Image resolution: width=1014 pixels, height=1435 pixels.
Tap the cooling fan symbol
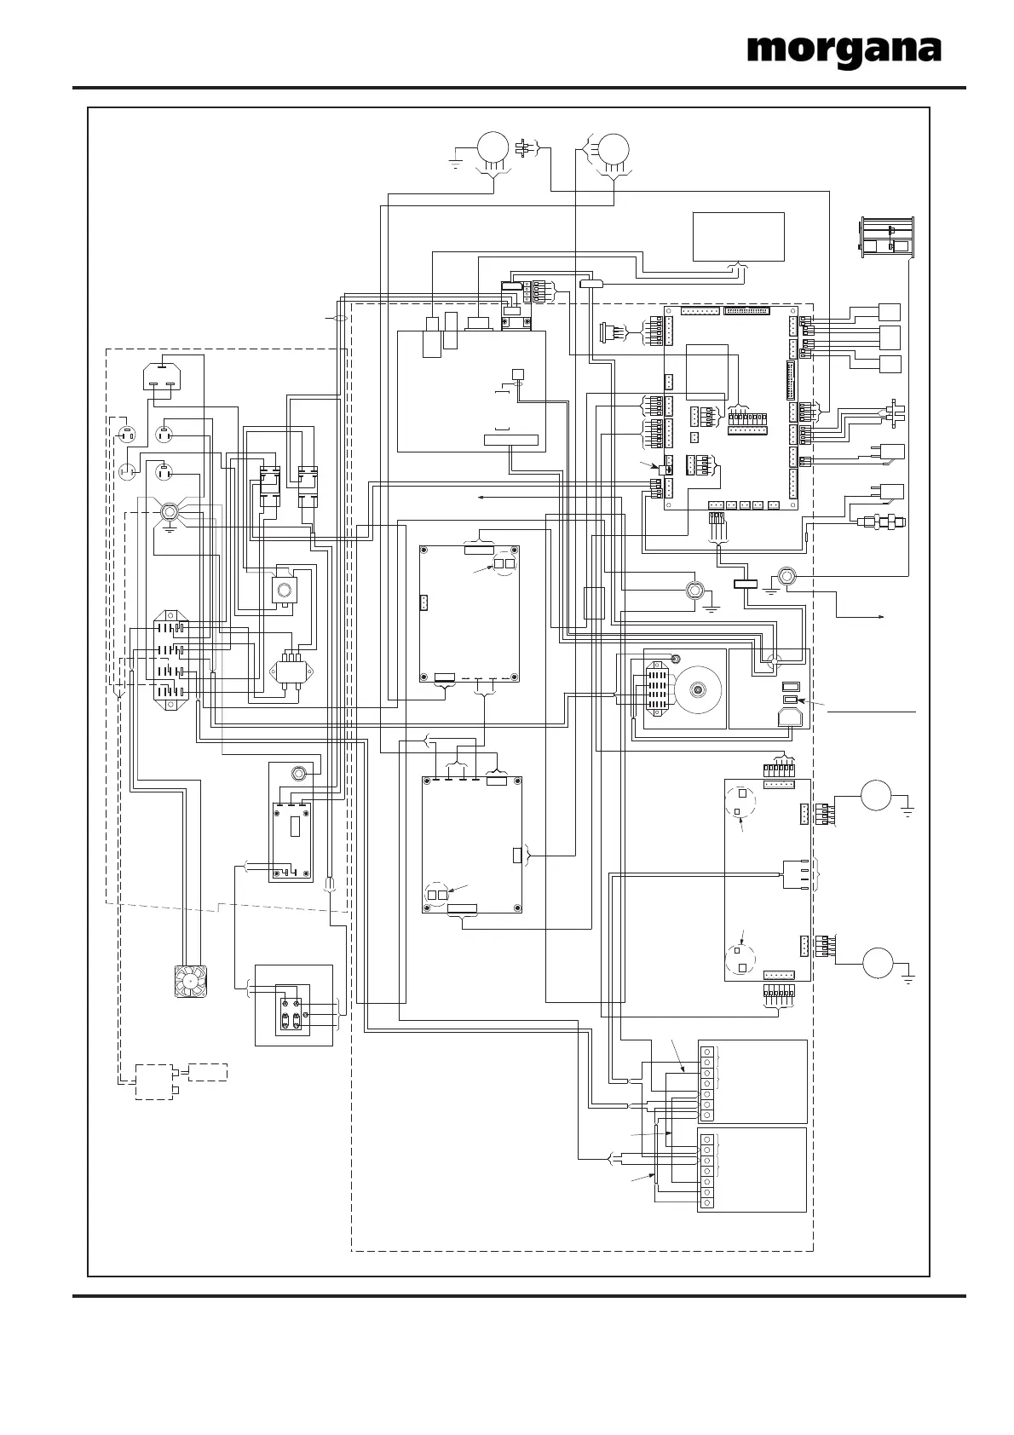192,980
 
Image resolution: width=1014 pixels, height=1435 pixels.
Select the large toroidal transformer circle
699,689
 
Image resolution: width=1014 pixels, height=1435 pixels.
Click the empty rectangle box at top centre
738,236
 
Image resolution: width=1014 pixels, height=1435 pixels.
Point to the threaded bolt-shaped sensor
883,521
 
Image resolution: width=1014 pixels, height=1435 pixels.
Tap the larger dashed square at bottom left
153,1081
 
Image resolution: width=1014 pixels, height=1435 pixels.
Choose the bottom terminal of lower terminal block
706,1203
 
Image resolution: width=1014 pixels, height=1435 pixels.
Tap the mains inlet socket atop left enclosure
161,377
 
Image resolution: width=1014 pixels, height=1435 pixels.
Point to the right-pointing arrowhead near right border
888,615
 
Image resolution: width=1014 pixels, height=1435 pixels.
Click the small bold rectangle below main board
746,585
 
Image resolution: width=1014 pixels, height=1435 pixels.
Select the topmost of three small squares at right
889,312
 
